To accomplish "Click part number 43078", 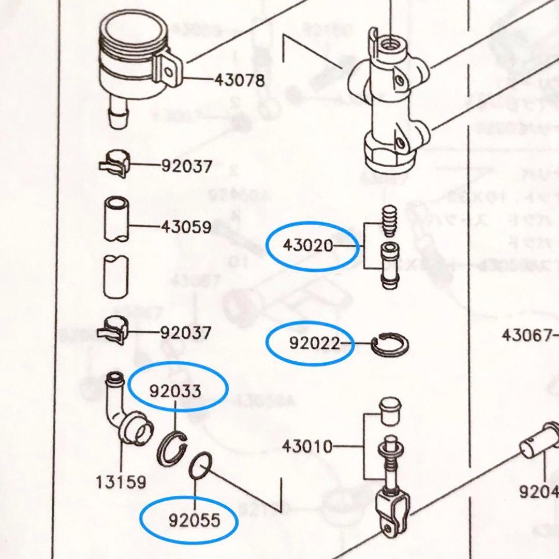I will coord(240,81).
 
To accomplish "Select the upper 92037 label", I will coord(186,167).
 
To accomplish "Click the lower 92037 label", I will coord(186,332).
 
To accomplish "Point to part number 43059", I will coord(186,227).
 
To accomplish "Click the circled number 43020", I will coord(308,245).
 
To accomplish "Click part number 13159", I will coord(121,482).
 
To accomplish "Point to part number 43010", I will coord(307,446).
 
